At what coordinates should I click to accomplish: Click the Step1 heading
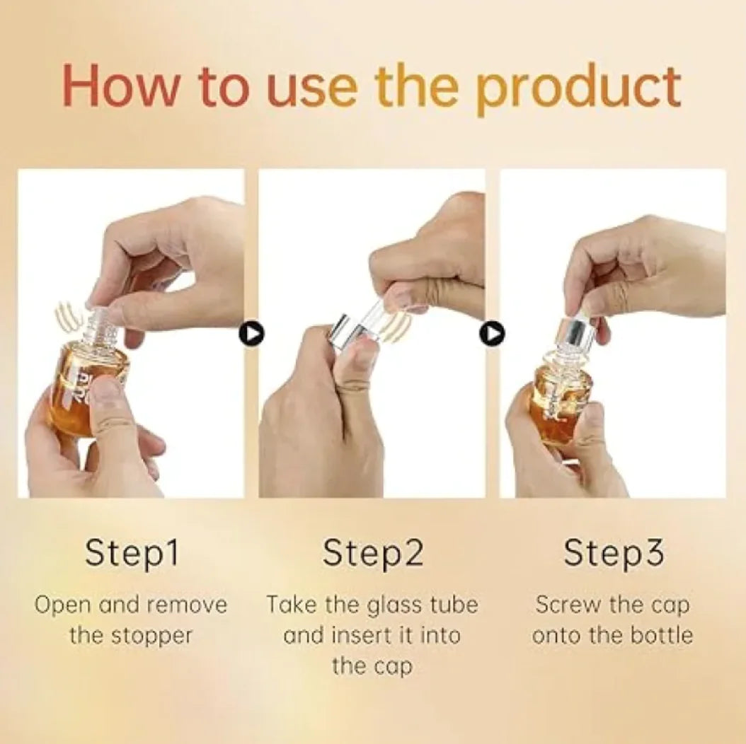click(x=132, y=553)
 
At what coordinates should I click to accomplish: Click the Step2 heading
click(x=373, y=553)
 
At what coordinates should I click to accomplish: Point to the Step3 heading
click(x=614, y=553)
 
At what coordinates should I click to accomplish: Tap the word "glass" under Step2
click(x=395, y=605)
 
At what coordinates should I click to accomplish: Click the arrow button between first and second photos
click(x=251, y=333)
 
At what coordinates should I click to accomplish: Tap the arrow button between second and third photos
click(x=492, y=333)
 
